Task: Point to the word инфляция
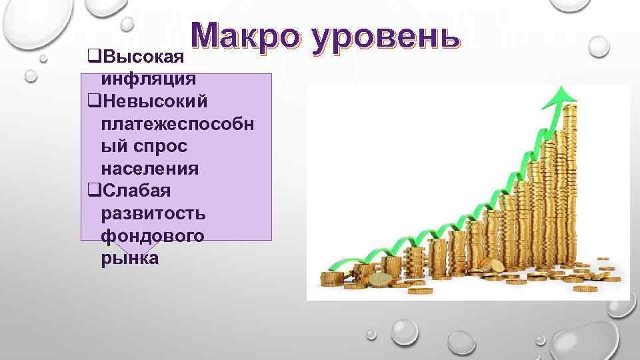tap(148, 79)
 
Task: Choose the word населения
tap(149, 169)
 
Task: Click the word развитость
tap(153, 213)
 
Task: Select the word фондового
tap(153, 236)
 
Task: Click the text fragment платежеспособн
tap(176, 124)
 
